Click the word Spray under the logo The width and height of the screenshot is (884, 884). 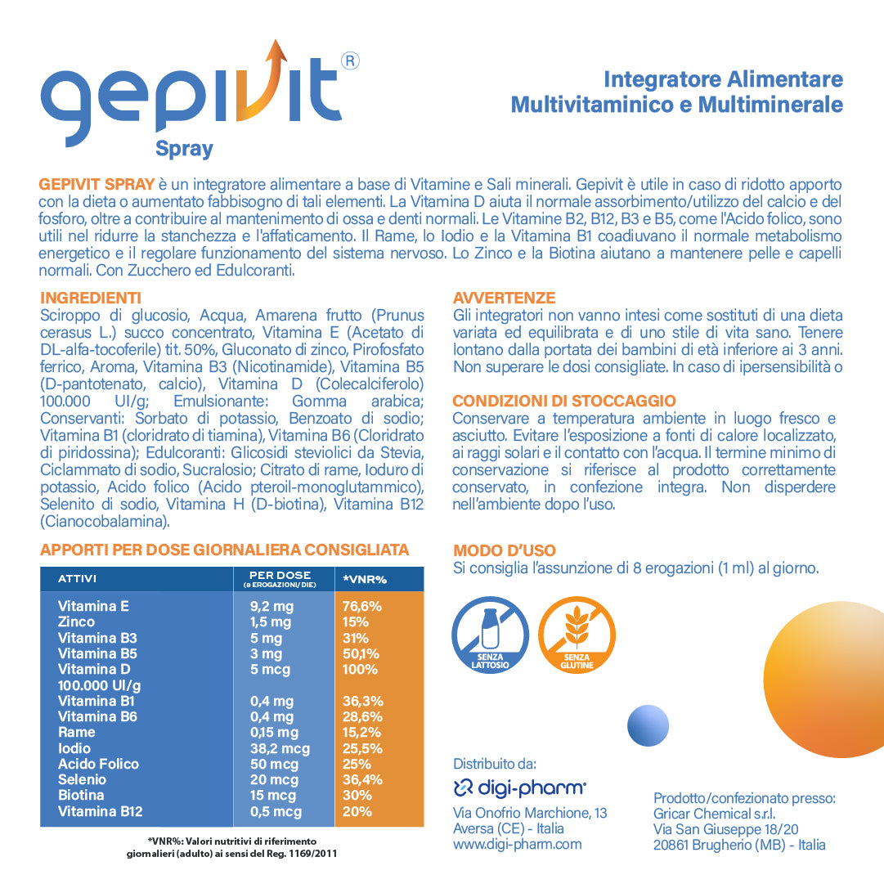(184, 149)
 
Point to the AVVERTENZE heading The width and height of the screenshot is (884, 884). (504, 298)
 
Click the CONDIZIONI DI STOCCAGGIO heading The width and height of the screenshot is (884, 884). (564, 401)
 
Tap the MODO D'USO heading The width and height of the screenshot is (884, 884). (505, 551)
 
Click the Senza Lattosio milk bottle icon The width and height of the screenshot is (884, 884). (490, 635)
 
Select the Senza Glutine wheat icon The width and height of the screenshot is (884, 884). (577, 635)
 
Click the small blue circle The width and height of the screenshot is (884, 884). (648, 725)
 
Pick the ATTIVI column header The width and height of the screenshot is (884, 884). (78, 579)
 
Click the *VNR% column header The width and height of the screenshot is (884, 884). (365, 579)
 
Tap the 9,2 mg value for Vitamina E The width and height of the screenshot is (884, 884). (271, 607)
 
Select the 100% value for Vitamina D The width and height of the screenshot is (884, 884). (361, 670)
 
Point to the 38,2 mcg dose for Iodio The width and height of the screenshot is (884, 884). (280, 748)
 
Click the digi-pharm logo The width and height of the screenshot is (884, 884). (520, 788)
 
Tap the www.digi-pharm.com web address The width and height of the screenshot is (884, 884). (518, 844)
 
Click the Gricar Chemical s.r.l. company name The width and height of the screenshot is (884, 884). (714, 814)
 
